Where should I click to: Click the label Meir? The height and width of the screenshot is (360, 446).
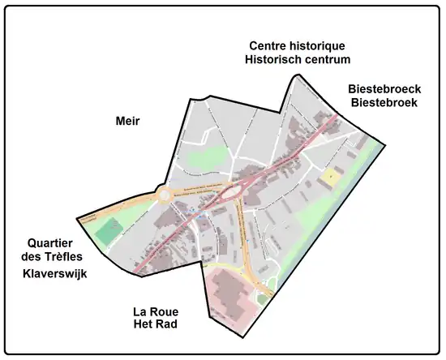(127, 122)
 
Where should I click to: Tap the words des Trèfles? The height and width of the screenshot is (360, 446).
(54, 258)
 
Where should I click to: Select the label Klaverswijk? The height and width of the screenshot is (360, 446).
(54, 274)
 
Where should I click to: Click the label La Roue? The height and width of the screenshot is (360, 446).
(156, 311)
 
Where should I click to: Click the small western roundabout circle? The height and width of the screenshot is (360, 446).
(168, 194)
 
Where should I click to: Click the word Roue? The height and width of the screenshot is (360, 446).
(165, 311)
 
